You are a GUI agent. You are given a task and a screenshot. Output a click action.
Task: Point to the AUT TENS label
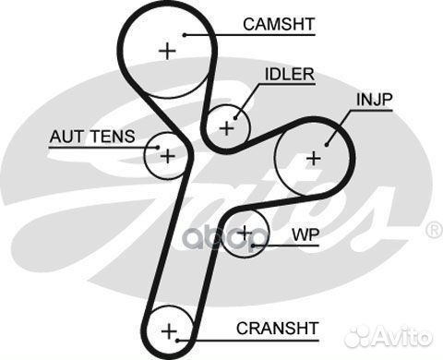point(91,137)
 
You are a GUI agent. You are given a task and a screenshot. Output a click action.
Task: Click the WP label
point(305,234)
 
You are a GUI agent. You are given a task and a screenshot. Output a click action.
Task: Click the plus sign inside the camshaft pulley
point(166,51)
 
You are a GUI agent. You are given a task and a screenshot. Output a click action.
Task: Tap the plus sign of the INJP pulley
point(314,158)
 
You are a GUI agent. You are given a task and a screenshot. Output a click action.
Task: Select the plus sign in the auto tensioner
point(167,156)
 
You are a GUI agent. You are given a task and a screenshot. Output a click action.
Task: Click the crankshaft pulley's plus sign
point(168,330)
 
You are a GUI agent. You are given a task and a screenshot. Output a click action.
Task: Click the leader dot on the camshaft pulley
point(186,34)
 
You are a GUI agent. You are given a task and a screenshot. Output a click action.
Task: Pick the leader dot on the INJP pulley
point(329,141)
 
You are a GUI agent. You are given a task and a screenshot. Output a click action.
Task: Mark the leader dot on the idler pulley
point(235,116)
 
